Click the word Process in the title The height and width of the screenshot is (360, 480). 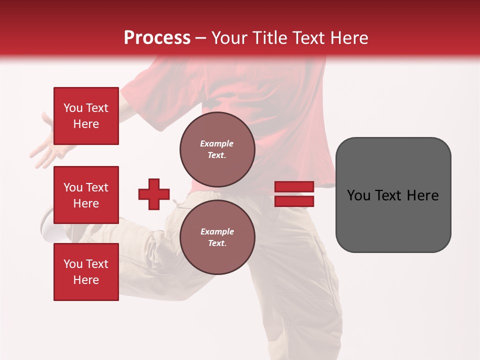157,38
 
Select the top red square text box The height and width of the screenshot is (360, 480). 86,116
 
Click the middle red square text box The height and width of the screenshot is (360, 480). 86,195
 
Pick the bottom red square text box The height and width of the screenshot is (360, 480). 86,272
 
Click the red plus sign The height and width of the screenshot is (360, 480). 154,194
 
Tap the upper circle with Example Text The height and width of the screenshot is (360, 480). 217,149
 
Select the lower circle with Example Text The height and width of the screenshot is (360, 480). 217,237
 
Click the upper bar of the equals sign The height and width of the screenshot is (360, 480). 294,186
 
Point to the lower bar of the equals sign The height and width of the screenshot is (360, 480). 294,201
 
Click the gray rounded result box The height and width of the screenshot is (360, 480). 393,220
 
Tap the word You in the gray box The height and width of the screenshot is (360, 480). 358,195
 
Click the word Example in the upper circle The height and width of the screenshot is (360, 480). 216,143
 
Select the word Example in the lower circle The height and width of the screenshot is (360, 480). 216,231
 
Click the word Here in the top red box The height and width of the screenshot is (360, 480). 86,124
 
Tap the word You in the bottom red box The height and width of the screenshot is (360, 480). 73,264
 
